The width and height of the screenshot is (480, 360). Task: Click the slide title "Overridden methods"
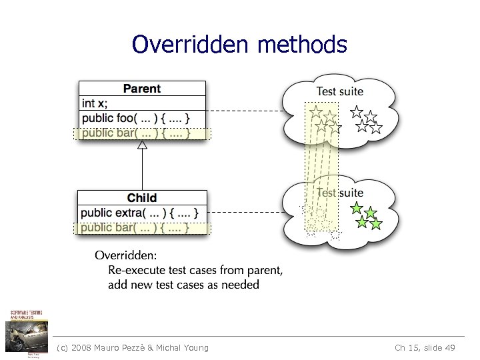tap(239, 45)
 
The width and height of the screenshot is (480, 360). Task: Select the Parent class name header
tap(142, 89)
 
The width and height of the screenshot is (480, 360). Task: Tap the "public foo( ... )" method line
tap(136, 118)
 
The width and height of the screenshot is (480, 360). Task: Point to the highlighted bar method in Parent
tap(136, 133)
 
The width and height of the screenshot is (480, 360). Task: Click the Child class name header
tap(142, 197)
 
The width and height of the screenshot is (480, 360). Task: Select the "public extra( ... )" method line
tap(140, 213)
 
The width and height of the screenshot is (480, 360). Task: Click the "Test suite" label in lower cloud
tap(339, 193)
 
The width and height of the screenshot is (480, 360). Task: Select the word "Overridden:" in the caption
tap(126, 255)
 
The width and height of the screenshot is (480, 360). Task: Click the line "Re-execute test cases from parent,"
tap(195, 270)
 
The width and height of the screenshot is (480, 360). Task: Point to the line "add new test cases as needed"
tap(183, 285)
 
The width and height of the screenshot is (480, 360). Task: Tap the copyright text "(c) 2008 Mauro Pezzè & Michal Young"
tap(133, 347)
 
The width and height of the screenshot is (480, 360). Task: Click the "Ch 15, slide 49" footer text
tap(425, 347)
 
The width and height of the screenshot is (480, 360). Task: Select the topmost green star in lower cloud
tap(357, 207)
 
